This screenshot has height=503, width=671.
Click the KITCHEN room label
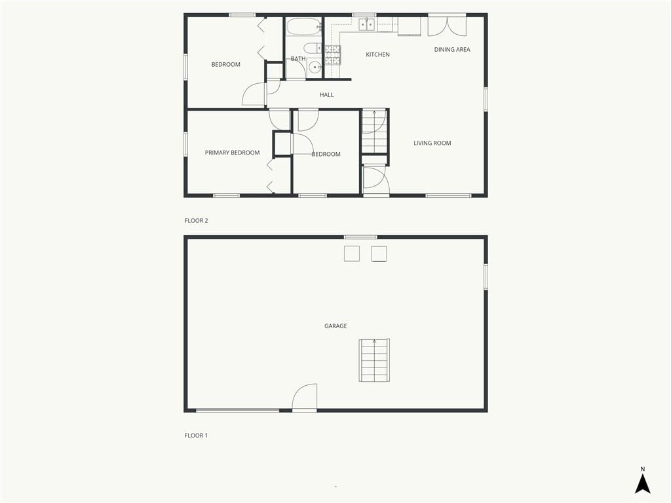pos(377,55)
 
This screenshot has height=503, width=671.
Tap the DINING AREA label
pos(452,50)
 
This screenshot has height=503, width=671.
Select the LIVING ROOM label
pos(432,143)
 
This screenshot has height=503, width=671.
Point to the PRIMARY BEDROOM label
pos(232,153)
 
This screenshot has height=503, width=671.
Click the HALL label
pos(326,95)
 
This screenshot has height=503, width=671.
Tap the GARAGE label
pos(335,326)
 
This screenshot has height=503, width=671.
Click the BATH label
pos(298,59)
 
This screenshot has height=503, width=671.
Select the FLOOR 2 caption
pos(196,221)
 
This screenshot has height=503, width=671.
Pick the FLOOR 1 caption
pos(196,436)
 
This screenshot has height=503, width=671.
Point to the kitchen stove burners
pos(332,55)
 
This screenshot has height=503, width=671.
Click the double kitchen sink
pos(366,25)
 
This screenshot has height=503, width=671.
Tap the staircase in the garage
pos(374,360)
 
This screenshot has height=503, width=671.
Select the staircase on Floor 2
pos(374,131)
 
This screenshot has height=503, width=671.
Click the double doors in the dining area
pos(447,26)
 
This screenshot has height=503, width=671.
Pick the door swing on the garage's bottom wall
pos(305,396)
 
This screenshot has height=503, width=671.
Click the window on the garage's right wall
pos(486,277)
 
